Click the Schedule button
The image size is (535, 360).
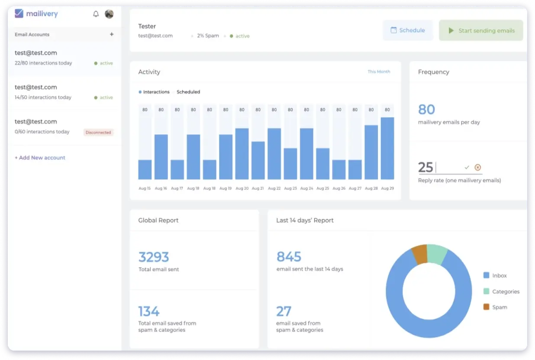tap(408, 30)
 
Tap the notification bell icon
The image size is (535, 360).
tap(96, 14)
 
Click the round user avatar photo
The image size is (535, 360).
tap(109, 14)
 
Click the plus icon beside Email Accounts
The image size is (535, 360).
tap(112, 34)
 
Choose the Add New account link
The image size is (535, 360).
tap(40, 158)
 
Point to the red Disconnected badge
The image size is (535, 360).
tap(98, 133)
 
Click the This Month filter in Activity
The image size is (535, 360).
tap(379, 71)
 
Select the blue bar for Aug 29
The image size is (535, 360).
tap(387, 148)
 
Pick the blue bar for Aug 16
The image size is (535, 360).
tap(161, 157)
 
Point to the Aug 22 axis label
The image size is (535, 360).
tap(274, 188)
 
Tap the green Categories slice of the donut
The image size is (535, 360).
tap(437, 254)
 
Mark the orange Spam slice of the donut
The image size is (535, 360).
tap(419, 254)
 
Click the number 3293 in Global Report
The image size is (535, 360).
tap(154, 257)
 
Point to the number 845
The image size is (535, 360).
tap(289, 257)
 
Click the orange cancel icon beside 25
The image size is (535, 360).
tap(477, 167)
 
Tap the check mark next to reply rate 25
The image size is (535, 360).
tap(467, 167)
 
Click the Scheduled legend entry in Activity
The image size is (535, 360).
tap(188, 92)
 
